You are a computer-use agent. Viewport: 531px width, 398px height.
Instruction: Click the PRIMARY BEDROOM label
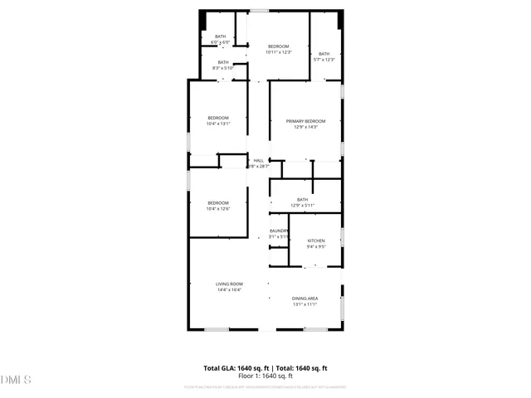tap(305, 121)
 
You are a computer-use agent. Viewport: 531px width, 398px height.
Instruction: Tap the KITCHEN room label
tap(316, 240)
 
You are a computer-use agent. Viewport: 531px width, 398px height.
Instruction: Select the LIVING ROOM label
tap(229, 284)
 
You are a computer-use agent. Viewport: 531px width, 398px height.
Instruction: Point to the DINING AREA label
tap(305, 298)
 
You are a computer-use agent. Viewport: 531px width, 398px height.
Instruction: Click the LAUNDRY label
tap(279, 231)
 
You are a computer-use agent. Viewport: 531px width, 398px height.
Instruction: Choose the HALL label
tap(258, 160)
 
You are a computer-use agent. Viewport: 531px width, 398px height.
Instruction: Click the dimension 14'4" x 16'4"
tap(229, 290)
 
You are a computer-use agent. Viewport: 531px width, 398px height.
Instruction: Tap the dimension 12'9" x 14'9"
tap(305, 127)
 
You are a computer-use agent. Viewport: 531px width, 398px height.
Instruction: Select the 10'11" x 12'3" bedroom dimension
tap(278, 52)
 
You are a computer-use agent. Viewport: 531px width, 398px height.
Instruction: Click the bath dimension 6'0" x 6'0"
tap(220, 42)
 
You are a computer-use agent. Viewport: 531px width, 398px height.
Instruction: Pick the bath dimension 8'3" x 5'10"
tap(223, 68)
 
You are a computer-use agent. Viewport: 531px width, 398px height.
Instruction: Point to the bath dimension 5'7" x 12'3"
tap(324, 59)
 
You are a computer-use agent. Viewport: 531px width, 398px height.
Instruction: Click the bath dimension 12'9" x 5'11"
tap(302, 205)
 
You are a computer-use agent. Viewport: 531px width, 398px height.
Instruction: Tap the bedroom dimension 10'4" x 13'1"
tap(217, 124)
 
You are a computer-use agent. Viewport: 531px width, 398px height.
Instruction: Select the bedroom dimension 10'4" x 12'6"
tap(217, 209)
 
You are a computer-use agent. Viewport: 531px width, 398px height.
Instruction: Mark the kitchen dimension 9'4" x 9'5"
tap(316, 246)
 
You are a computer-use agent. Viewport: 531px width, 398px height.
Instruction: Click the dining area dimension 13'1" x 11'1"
tap(305, 304)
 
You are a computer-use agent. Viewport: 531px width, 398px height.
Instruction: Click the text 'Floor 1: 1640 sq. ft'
tap(265, 376)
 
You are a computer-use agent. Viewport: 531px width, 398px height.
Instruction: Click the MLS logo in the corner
tap(16, 381)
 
